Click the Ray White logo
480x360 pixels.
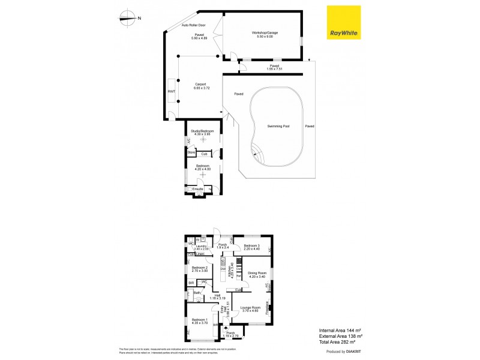(x=343, y=23)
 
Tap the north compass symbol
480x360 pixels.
(x=127, y=18)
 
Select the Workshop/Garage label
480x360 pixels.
(x=265, y=34)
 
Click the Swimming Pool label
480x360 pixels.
(x=279, y=127)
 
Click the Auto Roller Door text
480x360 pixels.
(x=194, y=25)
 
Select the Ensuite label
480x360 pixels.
(x=198, y=190)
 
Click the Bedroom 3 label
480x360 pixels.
(x=252, y=246)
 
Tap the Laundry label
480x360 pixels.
(x=200, y=246)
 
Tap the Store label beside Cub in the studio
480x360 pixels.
(x=191, y=154)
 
